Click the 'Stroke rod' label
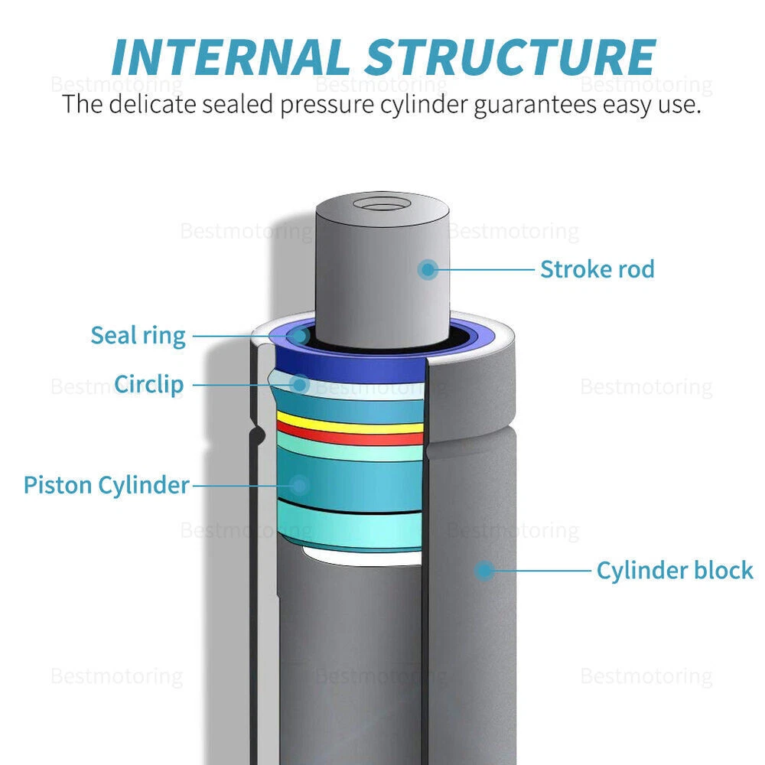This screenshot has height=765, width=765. click(597, 269)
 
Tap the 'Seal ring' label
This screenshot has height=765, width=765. click(138, 336)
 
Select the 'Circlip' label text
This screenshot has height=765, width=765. click(149, 384)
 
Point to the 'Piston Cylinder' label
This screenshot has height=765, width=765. click(106, 485)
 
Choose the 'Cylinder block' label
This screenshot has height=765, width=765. click(674, 571)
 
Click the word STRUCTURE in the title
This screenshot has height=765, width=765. click(508, 57)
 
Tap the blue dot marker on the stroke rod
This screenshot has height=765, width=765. click(428, 269)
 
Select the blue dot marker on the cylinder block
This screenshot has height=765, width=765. click(483, 570)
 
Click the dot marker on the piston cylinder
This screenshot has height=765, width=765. click(299, 484)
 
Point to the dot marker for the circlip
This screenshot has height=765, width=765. click(301, 384)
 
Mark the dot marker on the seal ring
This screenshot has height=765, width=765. click(301, 335)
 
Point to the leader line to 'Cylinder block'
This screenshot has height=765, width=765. click(539, 570)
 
